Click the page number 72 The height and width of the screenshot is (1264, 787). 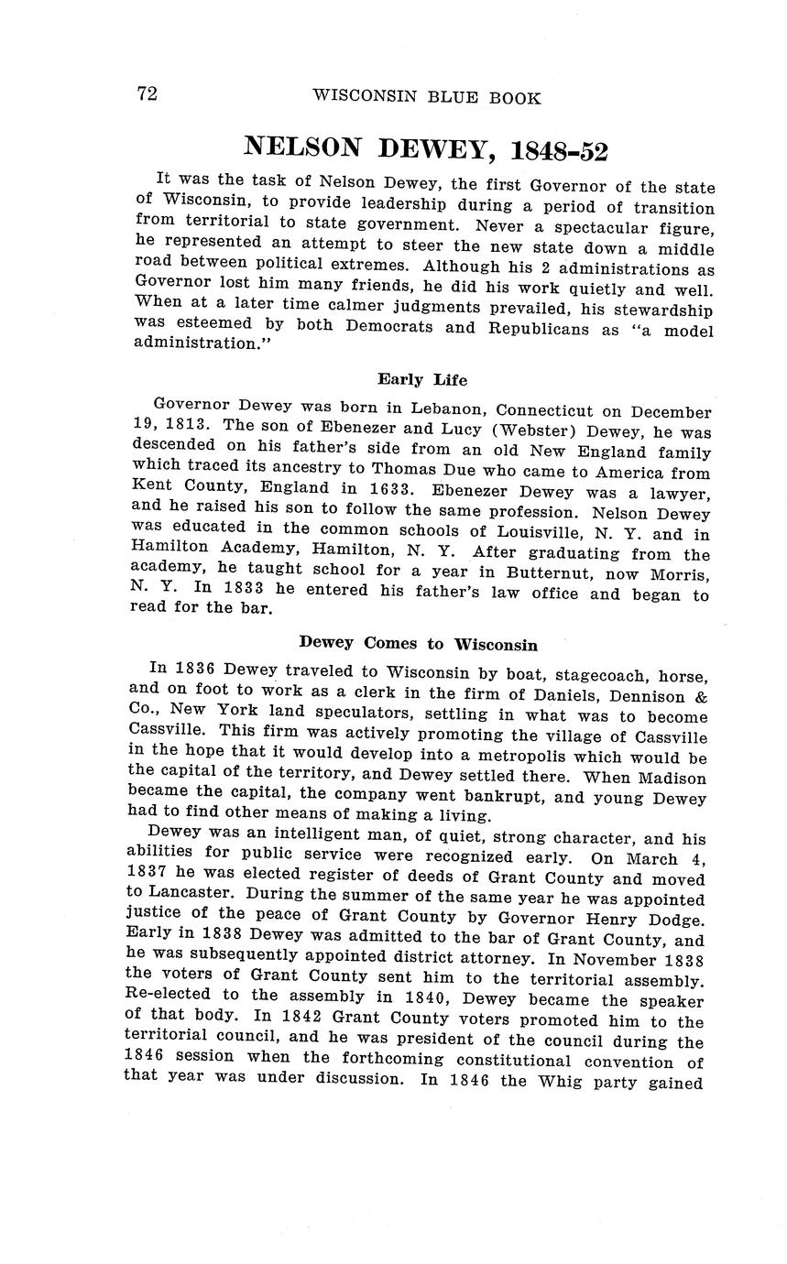[x=147, y=94]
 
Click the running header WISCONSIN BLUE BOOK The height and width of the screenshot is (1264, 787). [x=426, y=97]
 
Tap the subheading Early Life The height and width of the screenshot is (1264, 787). [x=422, y=379]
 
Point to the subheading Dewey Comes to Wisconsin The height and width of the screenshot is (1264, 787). [x=418, y=644]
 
